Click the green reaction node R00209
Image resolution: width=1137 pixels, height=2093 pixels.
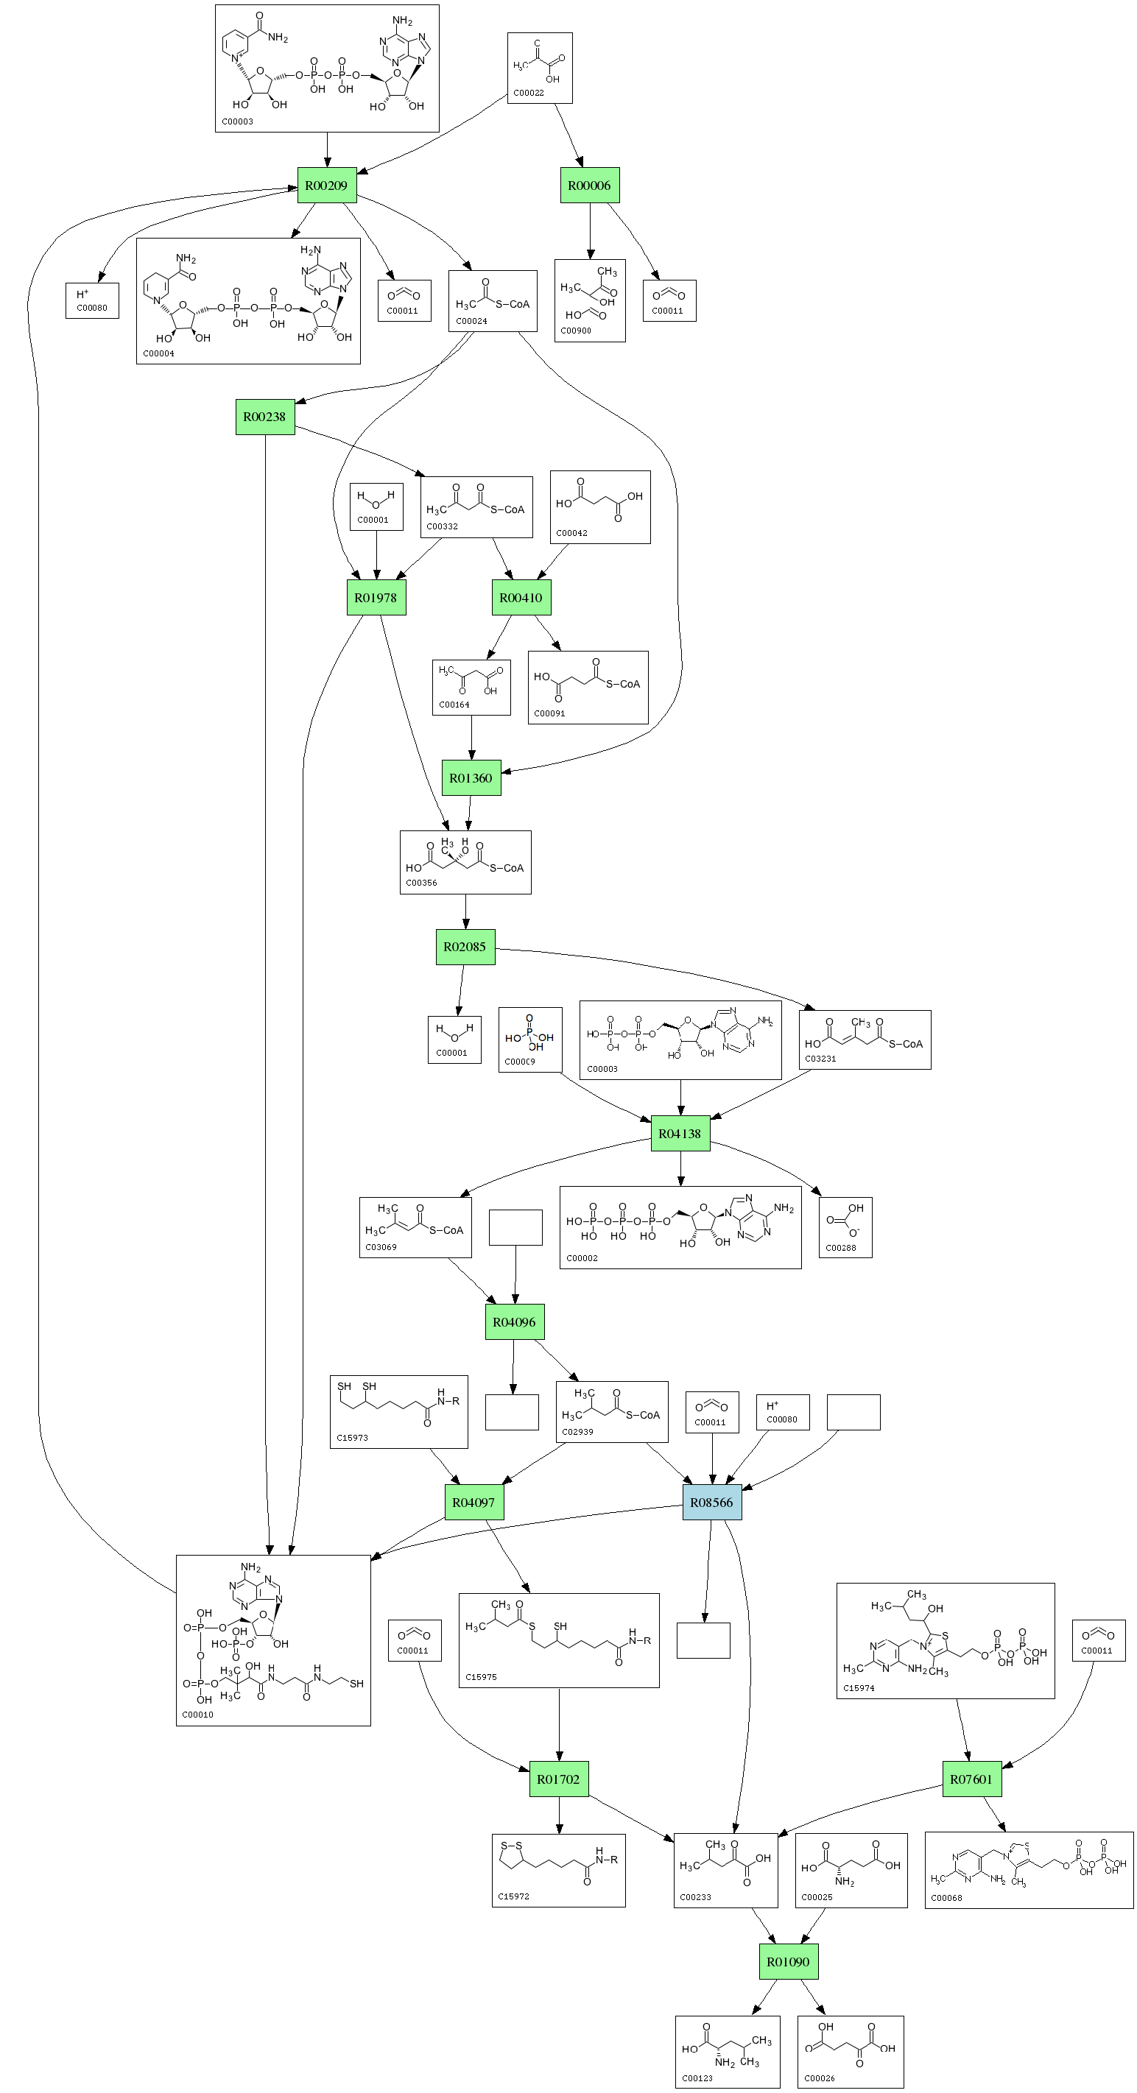[327, 186]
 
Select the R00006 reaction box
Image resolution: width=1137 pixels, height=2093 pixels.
[589, 186]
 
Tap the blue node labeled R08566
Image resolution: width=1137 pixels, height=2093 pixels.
[712, 1503]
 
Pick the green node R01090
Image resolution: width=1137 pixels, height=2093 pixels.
[789, 1961]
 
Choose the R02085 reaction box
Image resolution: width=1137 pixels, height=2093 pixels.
[465, 947]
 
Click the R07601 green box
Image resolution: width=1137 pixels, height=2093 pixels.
[971, 1779]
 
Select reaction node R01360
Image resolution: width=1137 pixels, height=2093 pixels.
[471, 777]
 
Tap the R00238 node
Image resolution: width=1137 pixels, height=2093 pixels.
[265, 417]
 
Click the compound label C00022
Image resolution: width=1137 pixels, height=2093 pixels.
[528, 93]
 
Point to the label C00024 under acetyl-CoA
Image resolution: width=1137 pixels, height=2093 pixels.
[471, 321]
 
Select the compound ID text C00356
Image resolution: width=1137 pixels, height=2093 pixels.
[421, 883]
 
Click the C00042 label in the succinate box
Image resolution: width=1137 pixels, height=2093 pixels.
[571, 533]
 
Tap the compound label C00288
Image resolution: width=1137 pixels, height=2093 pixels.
[840, 1248]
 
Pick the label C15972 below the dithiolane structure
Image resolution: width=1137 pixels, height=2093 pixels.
[514, 1896]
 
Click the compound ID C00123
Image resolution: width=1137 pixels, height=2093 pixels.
[697, 2078]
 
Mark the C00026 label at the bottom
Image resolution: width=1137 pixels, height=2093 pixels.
[819, 2078]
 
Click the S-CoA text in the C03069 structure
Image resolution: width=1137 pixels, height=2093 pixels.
[446, 1230]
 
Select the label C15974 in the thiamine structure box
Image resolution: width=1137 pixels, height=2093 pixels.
[859, 1688]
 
